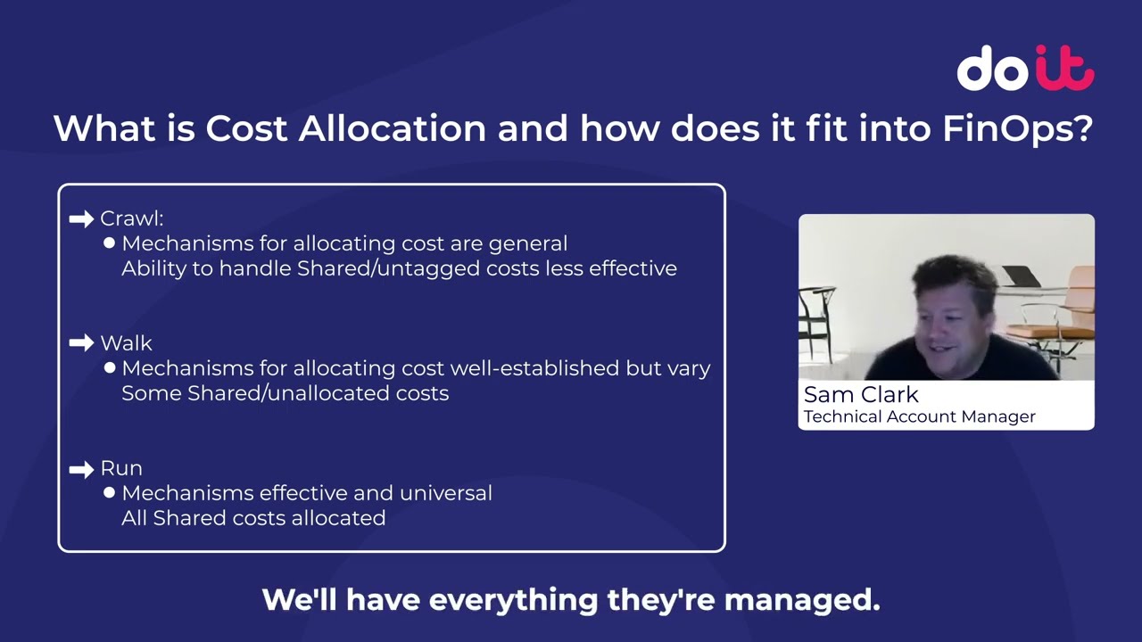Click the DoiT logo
pos(1025,69)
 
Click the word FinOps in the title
pos(1017,129)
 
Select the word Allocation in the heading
pos(393,129)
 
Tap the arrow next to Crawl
pos(81,218)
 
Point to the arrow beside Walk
pos(81,343)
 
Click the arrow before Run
pos(81,468)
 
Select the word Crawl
pos(130,218)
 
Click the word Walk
pos(126,343)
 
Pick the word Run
pos(121,468)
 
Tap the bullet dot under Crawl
pos(110,243)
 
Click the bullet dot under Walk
pos(110,367)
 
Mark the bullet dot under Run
pos(110,492)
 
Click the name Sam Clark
pos(861,395)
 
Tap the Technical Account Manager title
pos(919,416)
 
